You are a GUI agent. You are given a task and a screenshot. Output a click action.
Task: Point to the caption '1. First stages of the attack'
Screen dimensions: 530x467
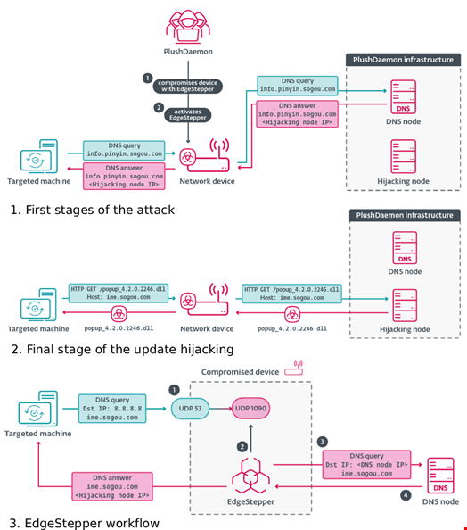tap(93, 210)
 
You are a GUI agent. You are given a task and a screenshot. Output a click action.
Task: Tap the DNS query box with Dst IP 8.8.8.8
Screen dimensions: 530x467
tap(112, 408)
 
